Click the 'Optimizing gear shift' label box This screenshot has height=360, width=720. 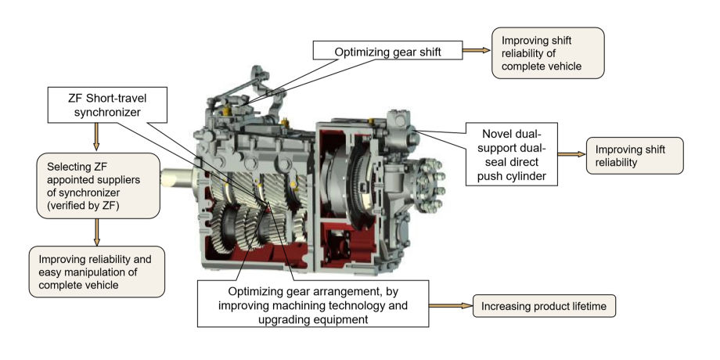386,51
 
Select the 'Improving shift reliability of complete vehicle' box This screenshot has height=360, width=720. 548,52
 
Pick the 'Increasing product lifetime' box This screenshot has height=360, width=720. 544,306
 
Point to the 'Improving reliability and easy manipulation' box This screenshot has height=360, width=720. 96,272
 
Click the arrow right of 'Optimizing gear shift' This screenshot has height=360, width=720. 473,51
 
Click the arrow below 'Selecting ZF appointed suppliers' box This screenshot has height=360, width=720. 97,231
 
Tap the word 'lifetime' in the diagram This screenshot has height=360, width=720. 584,306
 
